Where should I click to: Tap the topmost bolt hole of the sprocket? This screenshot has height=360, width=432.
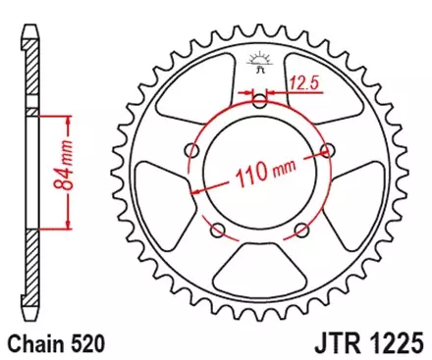(260, 100)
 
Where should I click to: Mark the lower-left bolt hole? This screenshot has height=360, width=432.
(219, 230)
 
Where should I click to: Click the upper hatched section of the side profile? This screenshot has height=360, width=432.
(33, 78)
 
